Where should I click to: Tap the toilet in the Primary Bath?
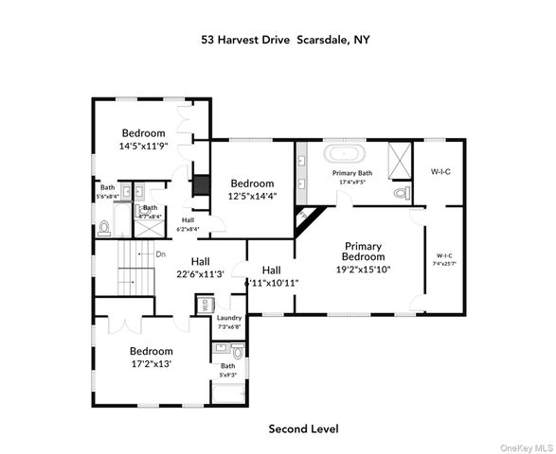pos(400,193)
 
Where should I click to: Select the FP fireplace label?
pos(304,216)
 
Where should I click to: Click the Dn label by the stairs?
pos(161,253)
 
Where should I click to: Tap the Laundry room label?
pos(229,318)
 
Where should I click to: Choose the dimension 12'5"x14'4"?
pos(252,196)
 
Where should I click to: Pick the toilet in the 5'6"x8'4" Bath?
pos(104,227)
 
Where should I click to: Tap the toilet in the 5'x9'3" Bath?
pos(237,352)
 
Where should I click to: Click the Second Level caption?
pos(303,429)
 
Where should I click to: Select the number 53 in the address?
pos(207,41)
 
